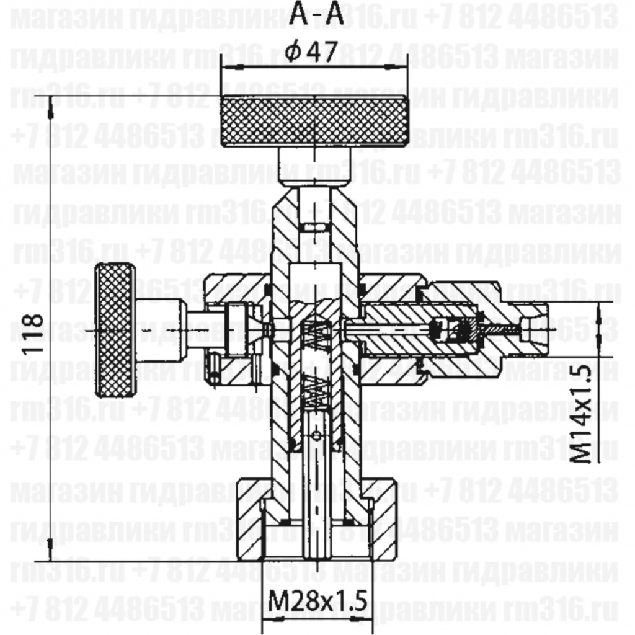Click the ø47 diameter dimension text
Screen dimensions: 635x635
coord(313,53)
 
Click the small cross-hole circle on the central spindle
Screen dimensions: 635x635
coord(317,438)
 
